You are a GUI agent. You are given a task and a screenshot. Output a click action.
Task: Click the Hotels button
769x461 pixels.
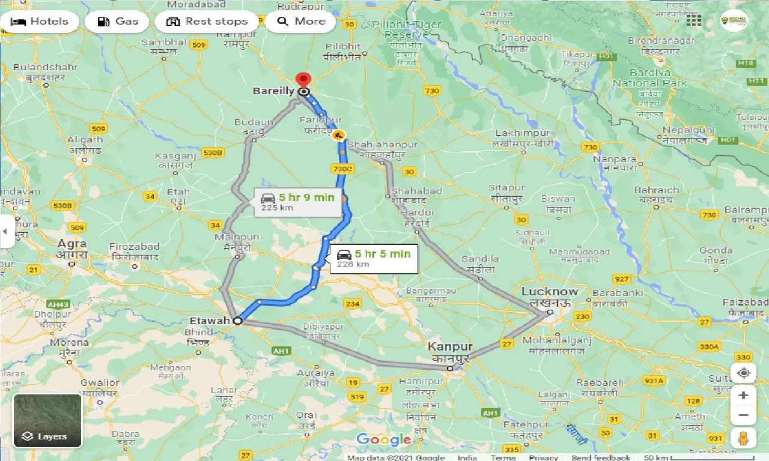click(x=40, y=22)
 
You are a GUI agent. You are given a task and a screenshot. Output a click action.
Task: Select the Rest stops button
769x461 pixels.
click(x=207, y=22)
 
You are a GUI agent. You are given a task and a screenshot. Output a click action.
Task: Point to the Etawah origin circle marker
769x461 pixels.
click(x=237, y=321)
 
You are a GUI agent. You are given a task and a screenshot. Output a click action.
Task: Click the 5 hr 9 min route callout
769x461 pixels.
click(x=298, y=202)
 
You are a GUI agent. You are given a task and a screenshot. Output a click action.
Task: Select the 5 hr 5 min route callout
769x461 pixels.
click(x=374, y=258)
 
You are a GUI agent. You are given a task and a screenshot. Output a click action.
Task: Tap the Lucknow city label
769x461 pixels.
click(x=549, y=292)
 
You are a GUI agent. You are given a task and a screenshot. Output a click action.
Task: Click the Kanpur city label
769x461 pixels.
click(x=449, y=348)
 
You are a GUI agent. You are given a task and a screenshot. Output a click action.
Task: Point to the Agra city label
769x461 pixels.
click(x=72, y=244)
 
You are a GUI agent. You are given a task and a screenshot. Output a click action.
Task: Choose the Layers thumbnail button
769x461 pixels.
click(x=47, y=420)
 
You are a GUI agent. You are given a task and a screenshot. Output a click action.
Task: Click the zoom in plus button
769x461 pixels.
click(x=743, y=396)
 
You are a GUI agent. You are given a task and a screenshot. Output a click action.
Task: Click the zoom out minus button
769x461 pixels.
click(x=743, y=415)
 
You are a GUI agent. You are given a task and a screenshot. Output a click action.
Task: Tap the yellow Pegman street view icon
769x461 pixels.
click(x=743, y=438)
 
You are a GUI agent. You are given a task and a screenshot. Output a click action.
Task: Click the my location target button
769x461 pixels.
click(x=743, y=373)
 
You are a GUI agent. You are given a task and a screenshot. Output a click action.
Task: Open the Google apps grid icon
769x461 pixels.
click(x=694, y=21)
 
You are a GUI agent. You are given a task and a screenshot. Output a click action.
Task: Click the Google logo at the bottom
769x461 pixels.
click(x=383, y=440)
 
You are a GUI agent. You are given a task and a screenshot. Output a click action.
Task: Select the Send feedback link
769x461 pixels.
click(x=600, y=457)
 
